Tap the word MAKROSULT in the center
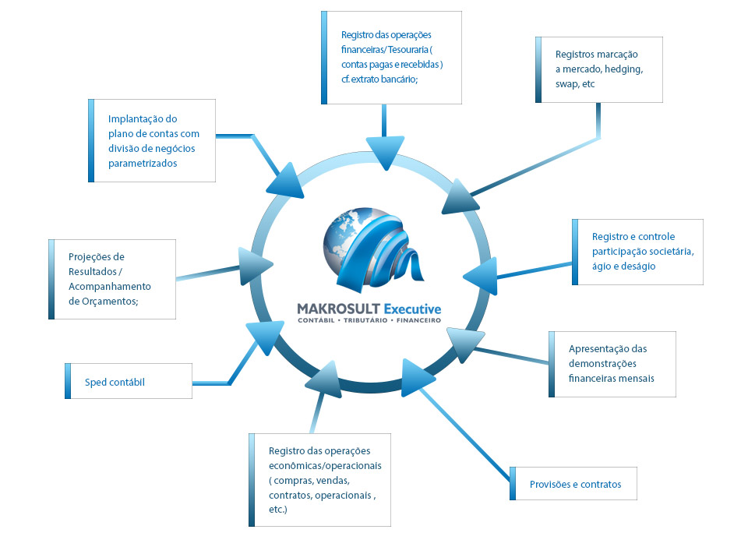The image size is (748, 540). click(x=338, y=309)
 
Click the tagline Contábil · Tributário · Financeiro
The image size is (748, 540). click(x=369, y=321)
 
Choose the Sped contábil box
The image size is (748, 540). click(x=129, y=382)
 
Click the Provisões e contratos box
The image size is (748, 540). click(x=574, y=484)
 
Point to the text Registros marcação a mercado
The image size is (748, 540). click(x=597, y=62)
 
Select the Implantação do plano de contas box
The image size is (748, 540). click(x=153, y=141)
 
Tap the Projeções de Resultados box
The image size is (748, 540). click(x=111, y=279)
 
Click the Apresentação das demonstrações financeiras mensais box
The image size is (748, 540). click(x=612, y=364)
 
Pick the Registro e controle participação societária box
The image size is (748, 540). click(x=637, y=251)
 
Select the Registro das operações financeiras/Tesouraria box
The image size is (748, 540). click(x=392, y=57)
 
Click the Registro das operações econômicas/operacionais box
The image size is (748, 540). click(x=320, y=480)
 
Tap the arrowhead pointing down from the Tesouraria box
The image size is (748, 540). click(x=384, y=150)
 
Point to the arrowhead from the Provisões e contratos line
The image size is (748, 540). click(x=417, y=375)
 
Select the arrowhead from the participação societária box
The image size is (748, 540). click(x=480, y=274)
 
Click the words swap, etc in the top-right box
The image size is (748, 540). click(x=575, y=84)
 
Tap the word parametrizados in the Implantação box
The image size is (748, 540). click(x=143, y=163)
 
